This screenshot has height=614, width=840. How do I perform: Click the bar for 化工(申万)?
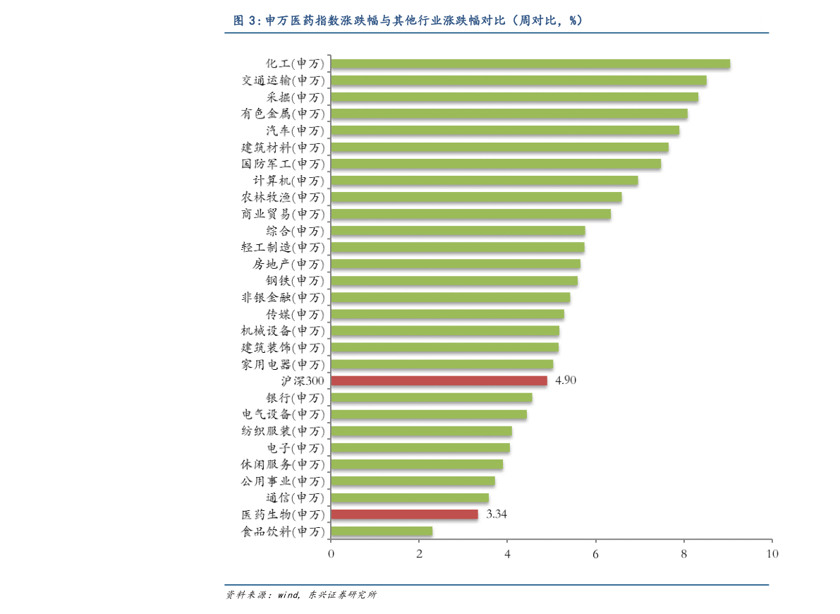point(530,64)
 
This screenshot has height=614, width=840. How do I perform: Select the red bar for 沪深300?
point(439,381)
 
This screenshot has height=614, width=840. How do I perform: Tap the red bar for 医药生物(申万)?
point(404,514)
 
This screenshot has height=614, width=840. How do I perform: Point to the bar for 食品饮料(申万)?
point(381,531)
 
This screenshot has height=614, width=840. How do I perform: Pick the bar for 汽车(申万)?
point(504,131)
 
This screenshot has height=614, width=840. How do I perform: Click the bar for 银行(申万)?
point(431,398)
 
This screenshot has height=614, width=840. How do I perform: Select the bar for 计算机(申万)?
point(484,181)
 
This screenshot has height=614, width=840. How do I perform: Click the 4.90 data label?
point(566,381)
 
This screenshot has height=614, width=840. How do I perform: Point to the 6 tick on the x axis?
point(595,554)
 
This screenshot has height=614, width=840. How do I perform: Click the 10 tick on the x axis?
point(772,554)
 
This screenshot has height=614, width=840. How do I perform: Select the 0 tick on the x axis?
point(331,554)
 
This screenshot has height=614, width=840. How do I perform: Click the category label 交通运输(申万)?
point(283,80)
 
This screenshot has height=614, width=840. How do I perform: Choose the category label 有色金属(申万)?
point(283,114)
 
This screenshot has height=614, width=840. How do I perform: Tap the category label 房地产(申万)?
point(288,265)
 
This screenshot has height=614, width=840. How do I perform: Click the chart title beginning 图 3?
point(408,20)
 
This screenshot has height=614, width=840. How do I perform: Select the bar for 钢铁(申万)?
point(454,281)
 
